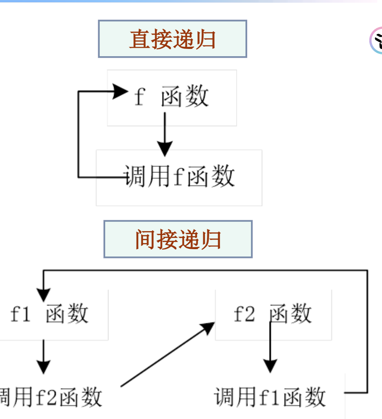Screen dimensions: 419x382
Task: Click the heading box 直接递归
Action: tap(172, 39)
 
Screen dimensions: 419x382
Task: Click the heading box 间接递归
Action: tap(178, 239)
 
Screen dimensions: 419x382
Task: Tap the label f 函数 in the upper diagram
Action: tap(172, 96)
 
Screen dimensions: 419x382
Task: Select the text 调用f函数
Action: tap(179, 176)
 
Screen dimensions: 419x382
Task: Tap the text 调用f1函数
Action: tap(270, 397)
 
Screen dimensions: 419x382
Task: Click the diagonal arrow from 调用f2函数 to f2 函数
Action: tap(168, 354)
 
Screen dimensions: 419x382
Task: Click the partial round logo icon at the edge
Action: tap(376, 41)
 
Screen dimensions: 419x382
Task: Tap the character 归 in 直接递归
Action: tap(205, 39)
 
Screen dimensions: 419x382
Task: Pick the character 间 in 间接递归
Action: tap(145, 239)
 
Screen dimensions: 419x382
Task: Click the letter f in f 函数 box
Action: tap(139, 96)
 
